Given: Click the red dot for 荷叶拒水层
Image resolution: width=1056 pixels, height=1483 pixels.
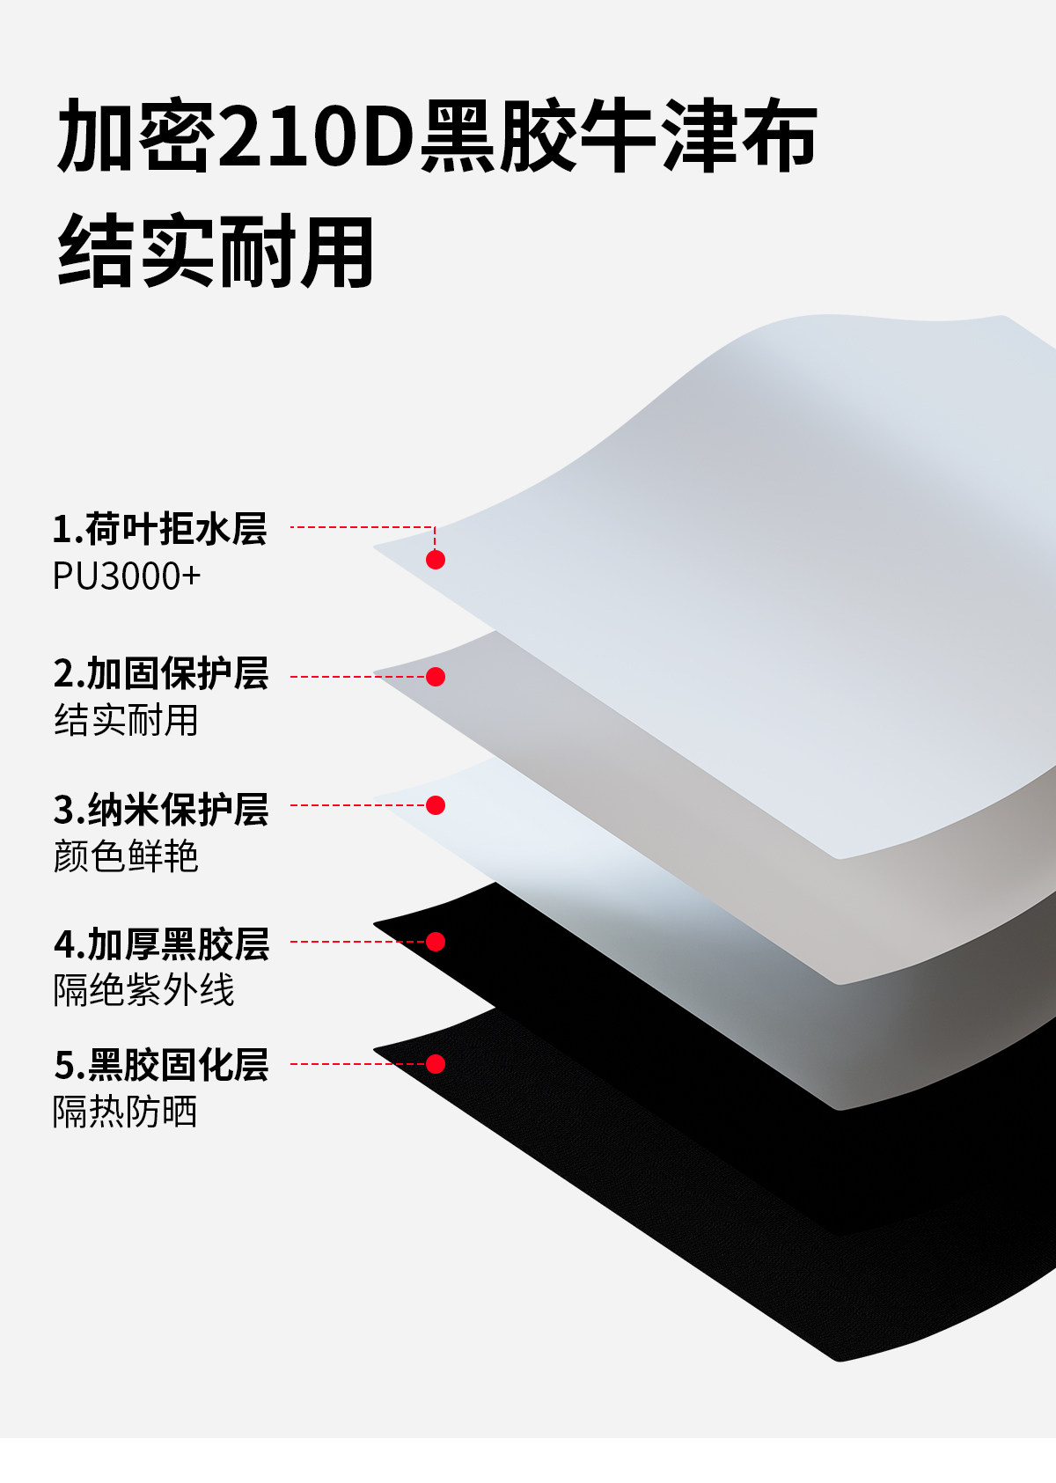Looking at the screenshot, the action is pos(436,560).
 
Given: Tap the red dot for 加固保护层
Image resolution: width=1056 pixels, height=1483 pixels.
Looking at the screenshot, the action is pos(436,677).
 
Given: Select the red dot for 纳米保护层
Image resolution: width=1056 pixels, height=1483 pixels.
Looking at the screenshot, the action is pos(436,805).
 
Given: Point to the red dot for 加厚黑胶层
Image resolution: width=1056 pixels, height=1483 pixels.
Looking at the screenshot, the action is pos(436,942).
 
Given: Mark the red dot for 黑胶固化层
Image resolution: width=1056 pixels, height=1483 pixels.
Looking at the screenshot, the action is pos(436,1064).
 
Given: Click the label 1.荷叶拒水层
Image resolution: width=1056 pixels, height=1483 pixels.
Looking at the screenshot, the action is pos(159,529).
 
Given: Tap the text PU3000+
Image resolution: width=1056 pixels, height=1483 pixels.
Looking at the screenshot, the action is pos(127,576).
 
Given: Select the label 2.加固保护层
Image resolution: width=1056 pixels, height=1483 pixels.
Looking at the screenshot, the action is pos(160,674).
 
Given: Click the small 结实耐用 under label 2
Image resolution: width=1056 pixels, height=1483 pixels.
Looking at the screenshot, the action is pos(126,721).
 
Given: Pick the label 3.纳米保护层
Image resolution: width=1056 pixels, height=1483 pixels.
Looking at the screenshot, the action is pos(160,810).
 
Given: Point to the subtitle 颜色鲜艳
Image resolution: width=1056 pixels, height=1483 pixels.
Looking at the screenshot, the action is pos(126,856).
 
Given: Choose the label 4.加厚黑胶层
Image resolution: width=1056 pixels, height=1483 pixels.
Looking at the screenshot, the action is pos(161,944).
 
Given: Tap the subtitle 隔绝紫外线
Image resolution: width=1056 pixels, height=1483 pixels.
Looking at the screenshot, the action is pos(143,990).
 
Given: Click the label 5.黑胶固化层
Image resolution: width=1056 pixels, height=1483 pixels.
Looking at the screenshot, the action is pos(161,1065).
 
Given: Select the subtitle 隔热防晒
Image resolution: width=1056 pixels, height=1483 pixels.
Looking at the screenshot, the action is pos(125,1112).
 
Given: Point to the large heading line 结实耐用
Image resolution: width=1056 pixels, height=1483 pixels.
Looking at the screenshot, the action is pos(216,253).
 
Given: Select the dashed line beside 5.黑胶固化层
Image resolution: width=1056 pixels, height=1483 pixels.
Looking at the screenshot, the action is pos(356,1064).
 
